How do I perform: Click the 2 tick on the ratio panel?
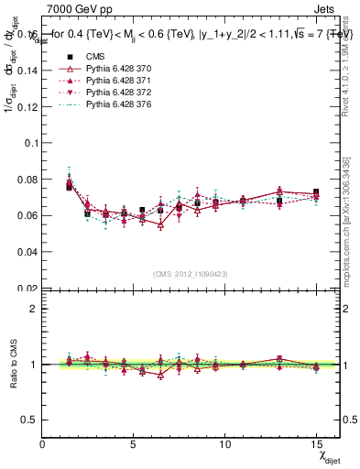click(34, 309)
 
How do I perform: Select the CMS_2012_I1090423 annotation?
click(191, 275)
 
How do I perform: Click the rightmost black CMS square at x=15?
click(316, 192)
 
